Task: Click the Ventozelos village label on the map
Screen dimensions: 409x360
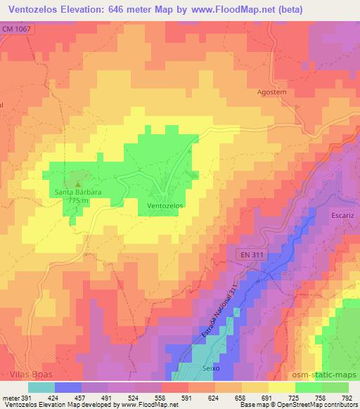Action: pos(165,206)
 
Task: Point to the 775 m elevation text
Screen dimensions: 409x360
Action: pos(79,201)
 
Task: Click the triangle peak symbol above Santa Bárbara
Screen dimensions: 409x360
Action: pos(78,183)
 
